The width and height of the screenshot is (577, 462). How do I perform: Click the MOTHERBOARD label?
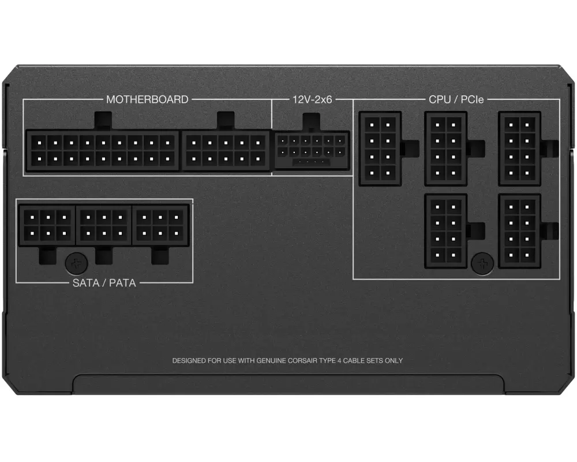(x=147, y=99)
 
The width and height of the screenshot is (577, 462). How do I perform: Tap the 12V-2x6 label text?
(x=312, y=99)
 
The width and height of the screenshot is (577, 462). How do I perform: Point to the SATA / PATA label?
(x=104, y=282)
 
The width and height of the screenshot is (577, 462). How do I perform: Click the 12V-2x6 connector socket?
(x=312, y=151)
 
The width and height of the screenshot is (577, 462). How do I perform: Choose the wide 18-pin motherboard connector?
(x=102, y=150)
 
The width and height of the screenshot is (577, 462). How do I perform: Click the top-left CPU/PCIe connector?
(x=380, y=148)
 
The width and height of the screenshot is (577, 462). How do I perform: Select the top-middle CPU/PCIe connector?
(x=445, y=148)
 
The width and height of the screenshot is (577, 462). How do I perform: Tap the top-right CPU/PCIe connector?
(x=519, y=148)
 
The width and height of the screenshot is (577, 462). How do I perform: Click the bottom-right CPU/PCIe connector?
(x=519, y=231)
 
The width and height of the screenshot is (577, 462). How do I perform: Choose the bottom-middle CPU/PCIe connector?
(x=445, y=231)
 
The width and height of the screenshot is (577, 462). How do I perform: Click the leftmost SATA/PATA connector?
(x=47, y=225)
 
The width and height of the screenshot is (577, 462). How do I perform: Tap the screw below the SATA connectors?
(x=74, y=263)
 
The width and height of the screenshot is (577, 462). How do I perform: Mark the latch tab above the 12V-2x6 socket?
(x=312, y=122)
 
